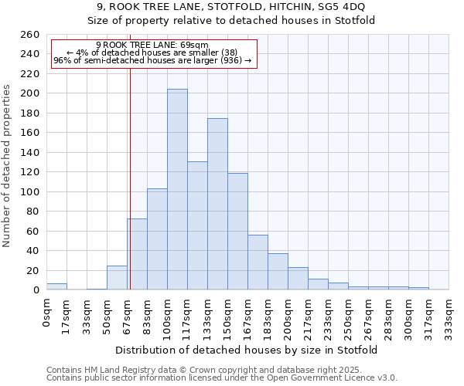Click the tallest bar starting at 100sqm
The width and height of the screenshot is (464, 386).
point(177,189)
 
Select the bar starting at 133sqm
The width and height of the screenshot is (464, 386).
point(217,204)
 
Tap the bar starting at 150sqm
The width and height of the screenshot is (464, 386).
point(237,231)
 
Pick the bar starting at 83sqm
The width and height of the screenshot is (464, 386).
point(157,239)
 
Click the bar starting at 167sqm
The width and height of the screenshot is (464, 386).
point(258,262)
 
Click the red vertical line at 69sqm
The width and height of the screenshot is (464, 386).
point(130,178)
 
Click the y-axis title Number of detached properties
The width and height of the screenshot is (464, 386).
point(8,176)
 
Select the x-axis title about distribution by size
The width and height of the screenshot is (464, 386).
point(247,350)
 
